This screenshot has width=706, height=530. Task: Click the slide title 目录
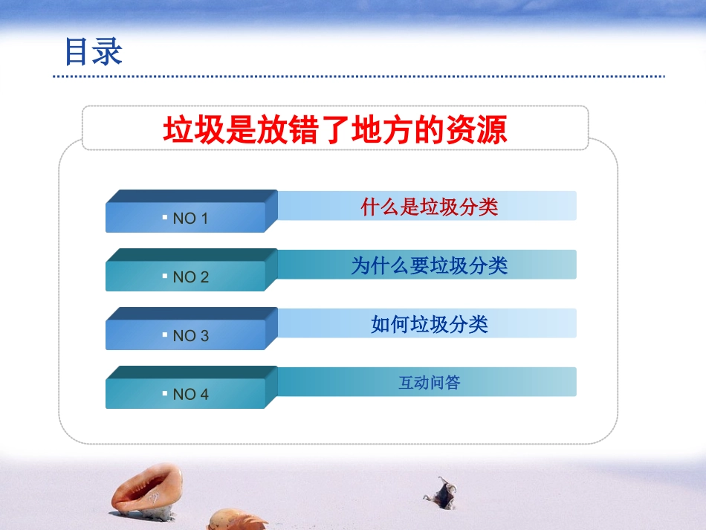(x=93, y=52)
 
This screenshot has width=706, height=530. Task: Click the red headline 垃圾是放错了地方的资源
(x=335, y=130)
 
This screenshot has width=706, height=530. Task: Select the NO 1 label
(x=190, y=219)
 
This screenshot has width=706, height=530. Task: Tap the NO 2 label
(x=190, y=277)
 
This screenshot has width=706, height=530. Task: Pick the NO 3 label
(x=190, y=336)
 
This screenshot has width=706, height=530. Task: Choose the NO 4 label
(x=190, y=395)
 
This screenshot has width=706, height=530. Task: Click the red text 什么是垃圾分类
(x=429, y=207)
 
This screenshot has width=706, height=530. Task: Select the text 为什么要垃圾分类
(x=429, y=265)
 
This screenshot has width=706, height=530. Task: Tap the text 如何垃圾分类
(x=429, y=324)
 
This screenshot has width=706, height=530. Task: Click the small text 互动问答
(x=429, y=383)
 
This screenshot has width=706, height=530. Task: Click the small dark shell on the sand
(x=443, y=491)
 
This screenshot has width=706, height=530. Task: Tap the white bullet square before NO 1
(x=164, y=217)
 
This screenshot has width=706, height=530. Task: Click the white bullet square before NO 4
(x=164, y=393)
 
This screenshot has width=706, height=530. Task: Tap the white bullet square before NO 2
(x=164, y=276)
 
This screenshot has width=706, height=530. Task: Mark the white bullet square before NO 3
(x=164, y=335)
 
